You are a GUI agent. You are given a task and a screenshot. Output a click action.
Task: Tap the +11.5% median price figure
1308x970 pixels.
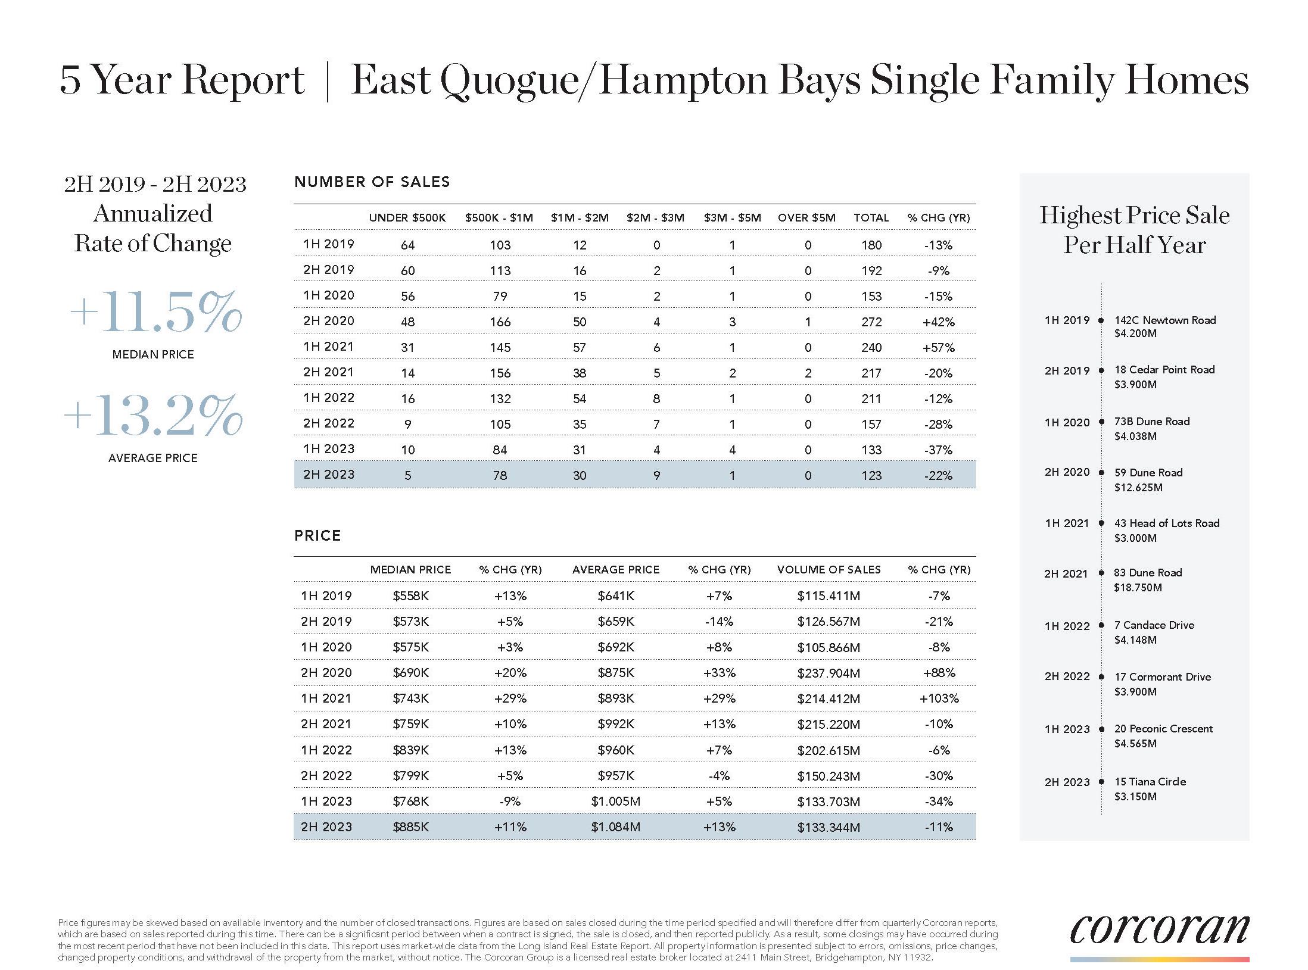point(156,313)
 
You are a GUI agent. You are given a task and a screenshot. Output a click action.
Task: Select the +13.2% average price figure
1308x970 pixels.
point(153,415)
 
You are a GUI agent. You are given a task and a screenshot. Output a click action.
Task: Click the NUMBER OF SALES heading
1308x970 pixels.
point(372,182)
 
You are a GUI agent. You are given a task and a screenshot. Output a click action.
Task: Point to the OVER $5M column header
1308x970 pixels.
point(806,218)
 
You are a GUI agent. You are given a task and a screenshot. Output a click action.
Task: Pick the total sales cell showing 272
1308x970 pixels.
point(871,322)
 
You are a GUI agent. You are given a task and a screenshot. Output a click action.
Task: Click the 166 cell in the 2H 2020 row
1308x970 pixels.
point(500,322)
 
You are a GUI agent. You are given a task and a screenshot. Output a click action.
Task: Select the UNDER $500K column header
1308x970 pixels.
point(407,218)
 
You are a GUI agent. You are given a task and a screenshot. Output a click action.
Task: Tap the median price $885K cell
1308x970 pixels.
point(410,827)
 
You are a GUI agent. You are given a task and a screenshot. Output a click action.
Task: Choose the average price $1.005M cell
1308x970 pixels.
point(615,801)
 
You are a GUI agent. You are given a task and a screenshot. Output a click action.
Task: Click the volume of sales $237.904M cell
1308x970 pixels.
point(828,673)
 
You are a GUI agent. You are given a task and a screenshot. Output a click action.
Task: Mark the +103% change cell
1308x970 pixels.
point(939,698)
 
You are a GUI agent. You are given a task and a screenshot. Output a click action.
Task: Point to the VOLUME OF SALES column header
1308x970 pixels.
point(829,570)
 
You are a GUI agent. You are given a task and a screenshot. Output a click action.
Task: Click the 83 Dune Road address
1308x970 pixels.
point(1148,573)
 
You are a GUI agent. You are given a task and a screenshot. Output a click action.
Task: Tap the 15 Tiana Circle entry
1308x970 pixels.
point(1150,782)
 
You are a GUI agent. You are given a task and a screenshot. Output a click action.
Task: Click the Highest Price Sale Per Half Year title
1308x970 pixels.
point(1134,230)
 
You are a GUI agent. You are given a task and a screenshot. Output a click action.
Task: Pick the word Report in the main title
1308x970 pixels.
point(243,80)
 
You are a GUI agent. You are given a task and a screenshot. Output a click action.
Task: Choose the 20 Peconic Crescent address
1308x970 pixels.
point(1163,729)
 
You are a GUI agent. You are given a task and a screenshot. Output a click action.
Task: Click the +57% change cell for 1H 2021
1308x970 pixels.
point(938,348)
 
